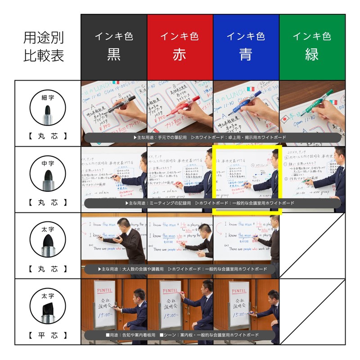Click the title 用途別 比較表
(44, 46)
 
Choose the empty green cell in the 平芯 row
(312, 311)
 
